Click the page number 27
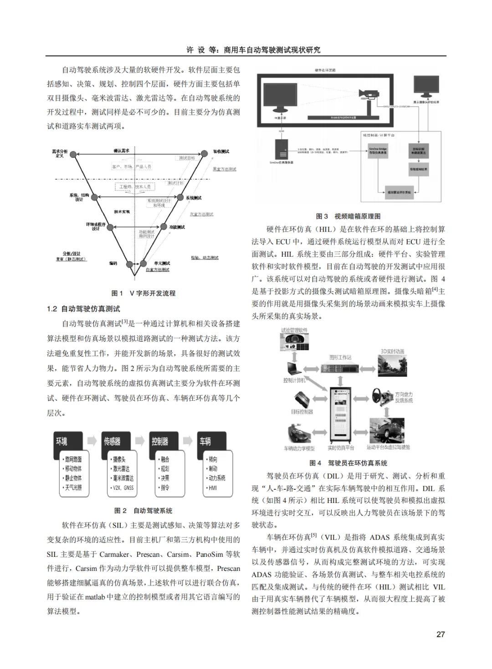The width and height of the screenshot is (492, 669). pos(440,634)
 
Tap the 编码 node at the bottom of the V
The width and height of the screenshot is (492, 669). pos(130,264)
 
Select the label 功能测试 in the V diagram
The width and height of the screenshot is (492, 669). pos(177,227)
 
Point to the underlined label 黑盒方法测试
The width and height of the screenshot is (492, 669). pos(225,169)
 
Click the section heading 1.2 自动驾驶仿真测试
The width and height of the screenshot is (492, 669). pos(83,309)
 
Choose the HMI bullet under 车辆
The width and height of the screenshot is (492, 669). pos(213,487)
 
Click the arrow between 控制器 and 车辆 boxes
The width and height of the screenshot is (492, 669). pos(187,441)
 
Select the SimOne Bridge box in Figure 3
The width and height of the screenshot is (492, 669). pos(378,150)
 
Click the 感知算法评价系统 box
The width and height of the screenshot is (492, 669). pos(399,192)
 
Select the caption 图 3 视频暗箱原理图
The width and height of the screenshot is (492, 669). pos(348,216)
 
